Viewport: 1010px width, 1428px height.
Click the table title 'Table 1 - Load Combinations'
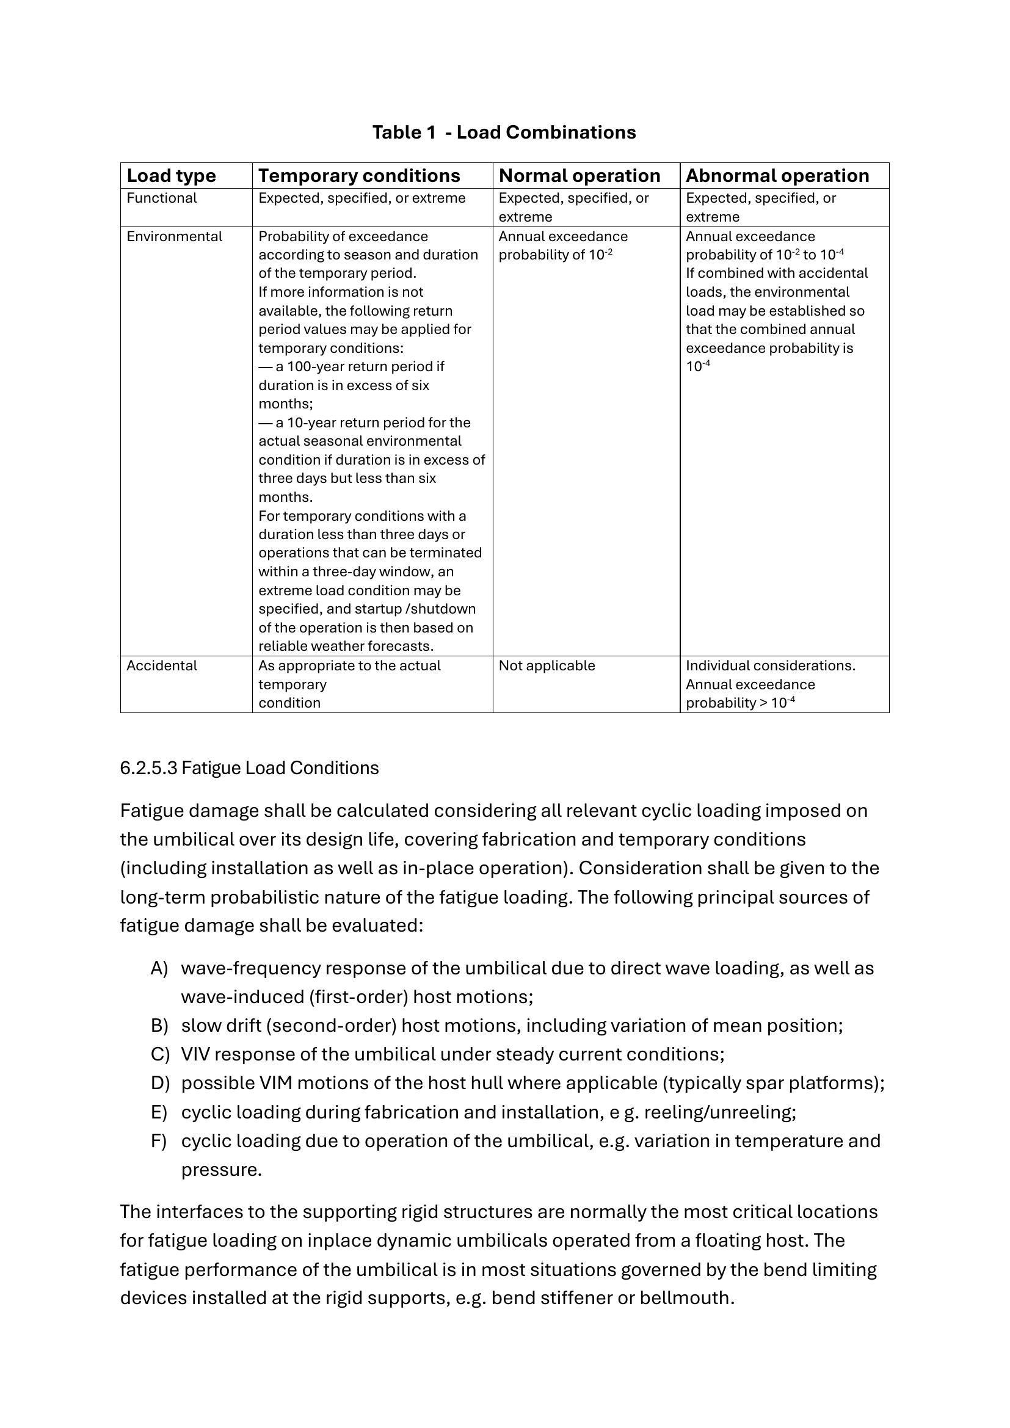504,132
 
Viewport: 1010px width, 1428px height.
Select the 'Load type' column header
171,176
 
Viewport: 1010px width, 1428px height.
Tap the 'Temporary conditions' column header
359,176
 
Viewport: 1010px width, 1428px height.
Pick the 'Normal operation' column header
579,176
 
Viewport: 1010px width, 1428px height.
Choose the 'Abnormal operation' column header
777,176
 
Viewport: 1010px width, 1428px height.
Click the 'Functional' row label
162,198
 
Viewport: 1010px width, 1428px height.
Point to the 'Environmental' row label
174,237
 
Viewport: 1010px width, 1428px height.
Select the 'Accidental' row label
162,666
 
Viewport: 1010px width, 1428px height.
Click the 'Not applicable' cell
547,666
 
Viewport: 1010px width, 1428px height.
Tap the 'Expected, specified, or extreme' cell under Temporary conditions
362,198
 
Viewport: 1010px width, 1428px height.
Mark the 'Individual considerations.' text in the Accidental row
771,666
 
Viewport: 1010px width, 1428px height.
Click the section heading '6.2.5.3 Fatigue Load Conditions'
249,768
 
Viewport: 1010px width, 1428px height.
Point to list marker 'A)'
159,968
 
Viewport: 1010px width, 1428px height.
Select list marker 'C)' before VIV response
160,1054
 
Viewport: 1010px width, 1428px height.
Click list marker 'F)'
159,1140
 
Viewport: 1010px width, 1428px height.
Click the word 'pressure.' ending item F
222,1170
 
